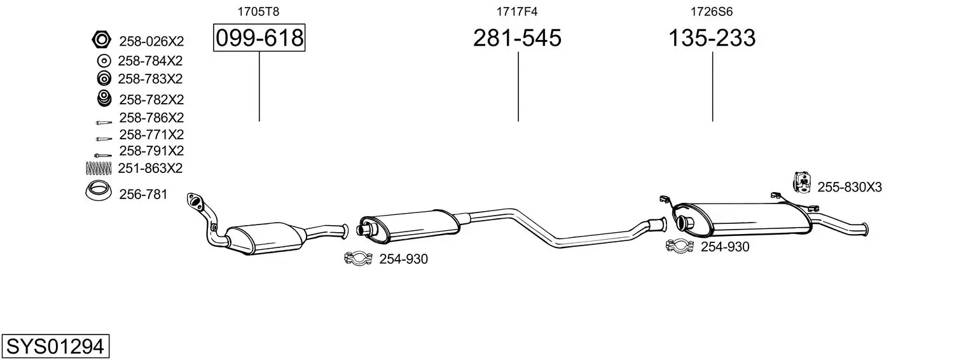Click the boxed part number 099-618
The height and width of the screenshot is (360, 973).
[x=259, y=38]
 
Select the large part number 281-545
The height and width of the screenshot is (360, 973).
[x=517, y=38]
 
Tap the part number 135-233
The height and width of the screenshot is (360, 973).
[x=712, y=38]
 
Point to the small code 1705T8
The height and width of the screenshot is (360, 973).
[x=258, y=11]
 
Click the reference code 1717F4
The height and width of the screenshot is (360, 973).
[x=517, y=11]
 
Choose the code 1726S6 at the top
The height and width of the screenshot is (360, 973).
[x=712, y=11]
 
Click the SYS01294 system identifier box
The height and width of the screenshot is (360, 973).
[x=55, y=347]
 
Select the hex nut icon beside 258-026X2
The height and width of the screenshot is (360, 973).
[x=102, y=40]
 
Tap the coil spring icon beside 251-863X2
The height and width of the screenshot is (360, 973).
[x=99, y=168]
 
